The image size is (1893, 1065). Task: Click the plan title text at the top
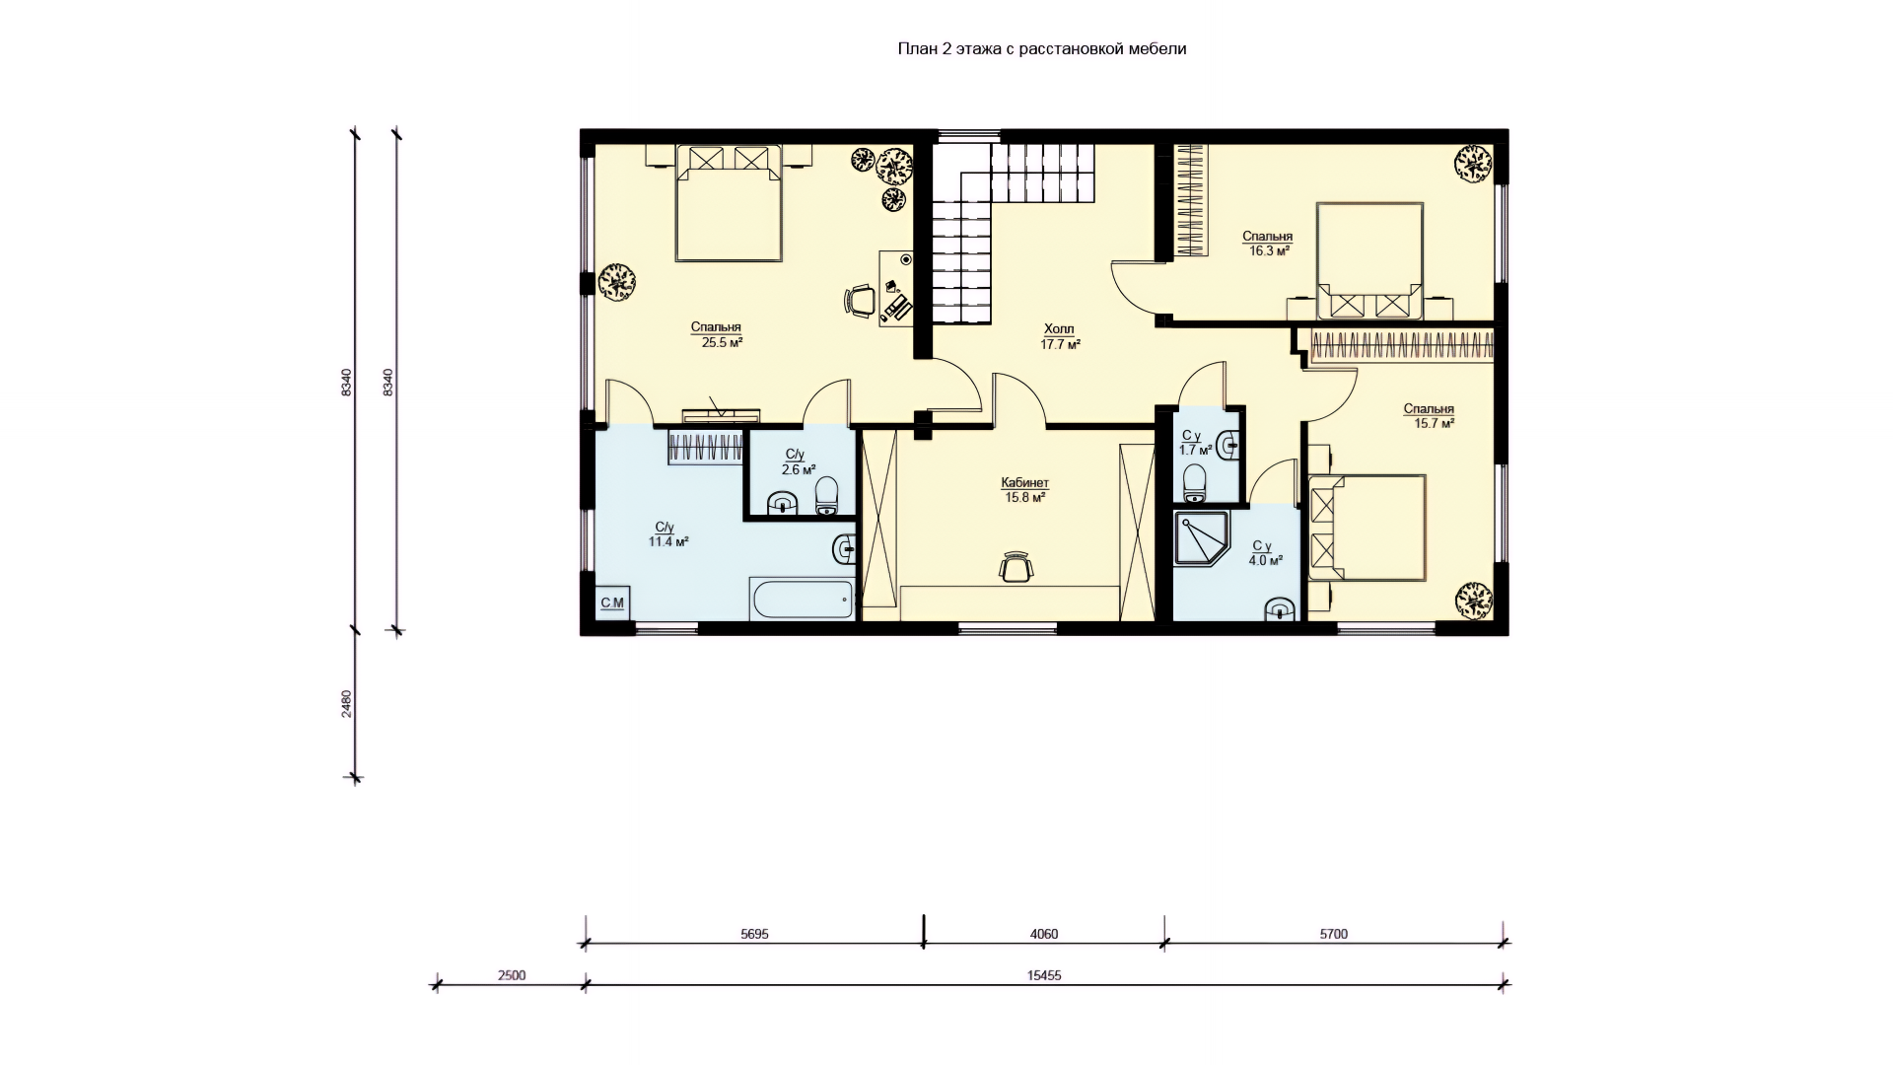[1041, 48]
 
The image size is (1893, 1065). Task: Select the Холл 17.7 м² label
[1060, 337]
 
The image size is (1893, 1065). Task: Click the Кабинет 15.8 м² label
[1024, 490]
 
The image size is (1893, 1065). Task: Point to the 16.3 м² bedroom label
[1267, 244]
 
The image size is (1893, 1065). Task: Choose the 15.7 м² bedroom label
[1429, 416]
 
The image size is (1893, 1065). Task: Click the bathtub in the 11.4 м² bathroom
[802, 599]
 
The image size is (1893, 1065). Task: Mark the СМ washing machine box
[612, 603]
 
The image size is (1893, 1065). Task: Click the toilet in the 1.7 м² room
[1194, 482]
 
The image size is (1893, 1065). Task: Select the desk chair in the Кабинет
[1017, 567]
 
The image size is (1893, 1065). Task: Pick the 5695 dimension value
[754, 934]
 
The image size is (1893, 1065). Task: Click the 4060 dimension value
[1043, 934]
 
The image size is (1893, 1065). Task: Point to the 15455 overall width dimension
[1044, 975]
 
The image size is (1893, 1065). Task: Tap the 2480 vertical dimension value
[346, 704]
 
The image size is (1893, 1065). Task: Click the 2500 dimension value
[512, 975]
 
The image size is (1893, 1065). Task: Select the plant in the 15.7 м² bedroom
[1474, 599]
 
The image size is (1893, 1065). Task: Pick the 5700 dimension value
[1333, 934]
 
